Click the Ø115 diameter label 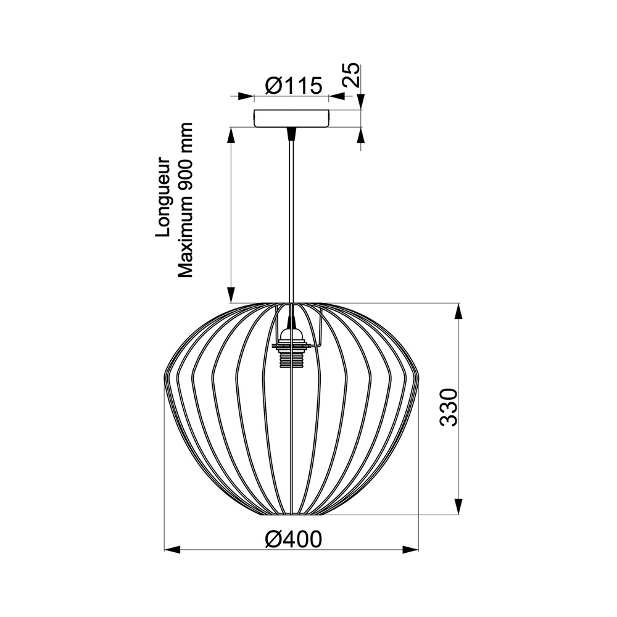pyautogui.click(x=294, y=86)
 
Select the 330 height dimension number pyautogui.click(x=449, y=407)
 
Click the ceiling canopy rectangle pyautogui.click(x=291, y=118)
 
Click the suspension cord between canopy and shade pyautogui.click(x=290, y=216)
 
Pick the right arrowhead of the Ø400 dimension pyautogui.click(x=410, y=549)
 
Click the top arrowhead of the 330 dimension pyautogui.click(x=458, y=311)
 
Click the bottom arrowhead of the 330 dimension pyautogui.click(x=458, y=507)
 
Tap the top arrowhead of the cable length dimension pyautogui.click(x=231, y=135)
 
